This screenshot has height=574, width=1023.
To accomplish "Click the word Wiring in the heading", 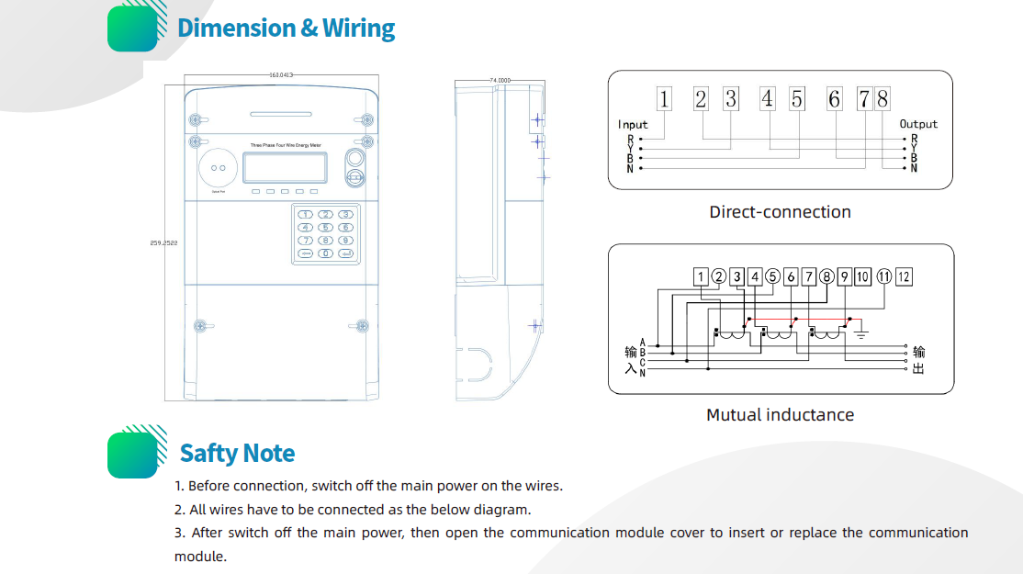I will coord(358,28).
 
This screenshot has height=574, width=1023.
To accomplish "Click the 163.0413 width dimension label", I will coord(280,74).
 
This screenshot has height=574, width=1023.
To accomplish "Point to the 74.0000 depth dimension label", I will coord(500,81).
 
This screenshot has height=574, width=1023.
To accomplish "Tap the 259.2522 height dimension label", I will coord(163,242).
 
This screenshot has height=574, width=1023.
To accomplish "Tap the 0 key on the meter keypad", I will coord(325,253).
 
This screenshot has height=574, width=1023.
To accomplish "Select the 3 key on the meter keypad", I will coord(345,214).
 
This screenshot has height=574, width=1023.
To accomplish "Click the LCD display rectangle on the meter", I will coord(285,167).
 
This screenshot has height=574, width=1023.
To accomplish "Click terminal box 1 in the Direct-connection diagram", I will coord(664,99).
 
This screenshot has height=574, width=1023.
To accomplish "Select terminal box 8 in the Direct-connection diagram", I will coord(882,99).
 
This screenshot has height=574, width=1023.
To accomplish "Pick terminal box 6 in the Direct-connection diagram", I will coord(834,99).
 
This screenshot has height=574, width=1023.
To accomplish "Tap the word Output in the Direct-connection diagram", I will coord(918,124).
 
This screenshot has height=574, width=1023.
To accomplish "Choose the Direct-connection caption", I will coord(780,212).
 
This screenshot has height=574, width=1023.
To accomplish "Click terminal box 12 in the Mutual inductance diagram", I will coord(904,276).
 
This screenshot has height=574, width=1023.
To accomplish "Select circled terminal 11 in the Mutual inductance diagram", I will coord(883,276).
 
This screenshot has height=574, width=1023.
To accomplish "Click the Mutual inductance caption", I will coord(780,415).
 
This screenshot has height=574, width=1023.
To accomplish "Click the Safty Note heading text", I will coord(237,454).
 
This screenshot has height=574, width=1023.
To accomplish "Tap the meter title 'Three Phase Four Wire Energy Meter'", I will coord(285,145).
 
